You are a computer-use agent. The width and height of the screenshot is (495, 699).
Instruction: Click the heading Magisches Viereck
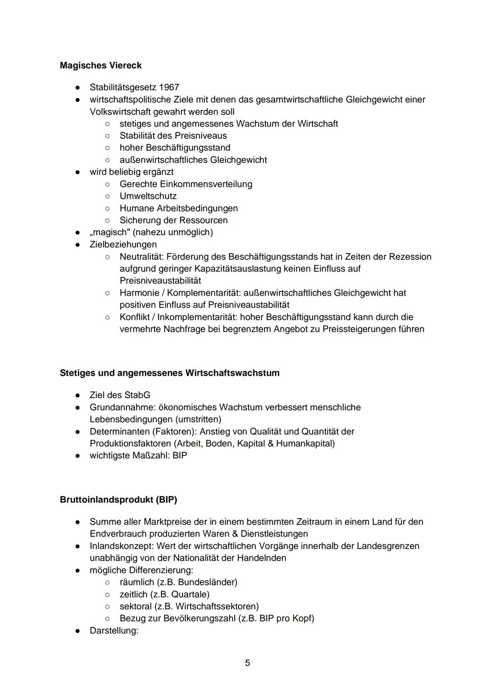click(100, 66)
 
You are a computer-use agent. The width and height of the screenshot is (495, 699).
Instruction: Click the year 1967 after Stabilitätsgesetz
click(169, 87)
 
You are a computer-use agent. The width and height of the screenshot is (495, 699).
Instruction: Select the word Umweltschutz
click(148, 196)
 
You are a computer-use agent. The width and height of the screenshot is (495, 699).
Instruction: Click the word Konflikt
click(135, 317)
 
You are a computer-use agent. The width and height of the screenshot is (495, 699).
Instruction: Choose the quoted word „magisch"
click(110, 232)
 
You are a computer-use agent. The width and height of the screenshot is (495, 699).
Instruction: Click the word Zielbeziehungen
click(123, 245)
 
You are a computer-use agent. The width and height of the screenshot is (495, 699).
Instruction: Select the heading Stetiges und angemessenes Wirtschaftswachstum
click(169, 373)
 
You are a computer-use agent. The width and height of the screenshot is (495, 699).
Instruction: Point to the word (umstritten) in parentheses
click(198, 420)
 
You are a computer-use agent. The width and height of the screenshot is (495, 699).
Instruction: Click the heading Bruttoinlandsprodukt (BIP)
click(118, 500)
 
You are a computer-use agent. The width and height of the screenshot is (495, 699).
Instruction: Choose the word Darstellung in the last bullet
click(113, 631)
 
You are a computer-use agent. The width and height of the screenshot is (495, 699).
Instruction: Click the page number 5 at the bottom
click(247, 663)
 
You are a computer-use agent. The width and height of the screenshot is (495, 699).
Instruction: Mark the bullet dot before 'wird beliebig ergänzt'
click(78, 172)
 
